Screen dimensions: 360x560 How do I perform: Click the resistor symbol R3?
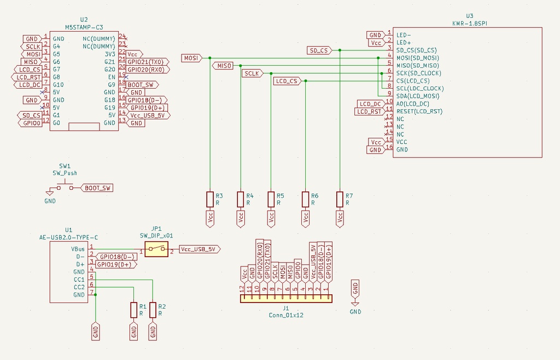[x=209, y=199]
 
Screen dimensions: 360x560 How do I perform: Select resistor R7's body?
[x=340, y=199]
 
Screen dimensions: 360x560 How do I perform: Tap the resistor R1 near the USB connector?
[x=134, y=310]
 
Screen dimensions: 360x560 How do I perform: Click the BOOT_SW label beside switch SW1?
[x=97, y=188]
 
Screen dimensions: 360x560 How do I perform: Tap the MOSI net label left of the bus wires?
[x=191, y=57]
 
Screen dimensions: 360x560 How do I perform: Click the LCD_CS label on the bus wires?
[x=287, y=81]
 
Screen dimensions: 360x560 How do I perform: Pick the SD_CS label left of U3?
[x=319, y=50]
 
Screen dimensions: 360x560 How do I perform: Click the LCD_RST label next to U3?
[x=369, y=112]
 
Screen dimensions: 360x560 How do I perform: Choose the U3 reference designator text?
[x=469, y=16]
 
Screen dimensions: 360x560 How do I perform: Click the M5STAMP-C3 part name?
[x=84, y=26]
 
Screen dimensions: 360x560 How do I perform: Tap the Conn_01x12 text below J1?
[x=286, y=315]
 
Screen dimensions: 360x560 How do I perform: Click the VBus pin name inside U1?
[x=78, y=248]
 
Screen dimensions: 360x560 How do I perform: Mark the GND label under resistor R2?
[x=153, y=331]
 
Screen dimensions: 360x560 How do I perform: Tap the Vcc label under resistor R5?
[x=271, y=218]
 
